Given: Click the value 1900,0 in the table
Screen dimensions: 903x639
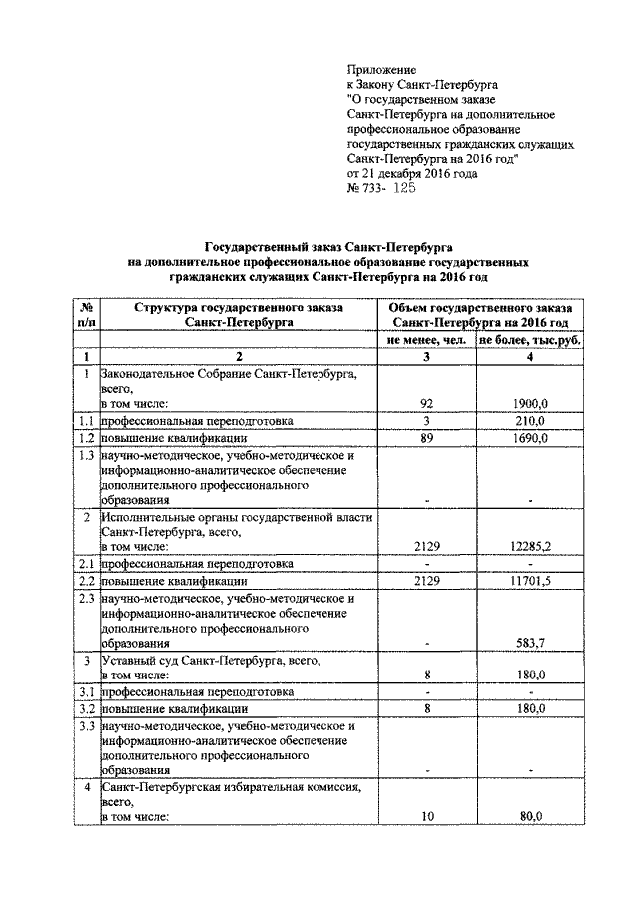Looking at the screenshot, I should pos(530,403).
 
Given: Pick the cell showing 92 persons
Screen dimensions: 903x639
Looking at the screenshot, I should pos(427,403).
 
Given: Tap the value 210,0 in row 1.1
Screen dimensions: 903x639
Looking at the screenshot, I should pos(530,421).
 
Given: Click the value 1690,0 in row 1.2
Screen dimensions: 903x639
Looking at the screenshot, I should pos(530,438).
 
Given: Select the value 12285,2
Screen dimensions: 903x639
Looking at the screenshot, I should pos(530,546).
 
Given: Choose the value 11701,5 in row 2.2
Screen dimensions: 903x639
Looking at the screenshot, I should pos(530,581).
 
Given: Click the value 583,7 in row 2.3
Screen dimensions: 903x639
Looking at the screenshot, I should pos(530,644).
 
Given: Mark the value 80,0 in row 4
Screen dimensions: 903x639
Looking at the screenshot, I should pos(530,815).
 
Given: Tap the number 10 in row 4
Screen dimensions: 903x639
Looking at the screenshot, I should pos(427,815).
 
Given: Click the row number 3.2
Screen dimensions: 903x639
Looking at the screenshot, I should pos(86,707).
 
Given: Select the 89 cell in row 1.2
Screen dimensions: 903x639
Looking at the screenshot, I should pos(427,438).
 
